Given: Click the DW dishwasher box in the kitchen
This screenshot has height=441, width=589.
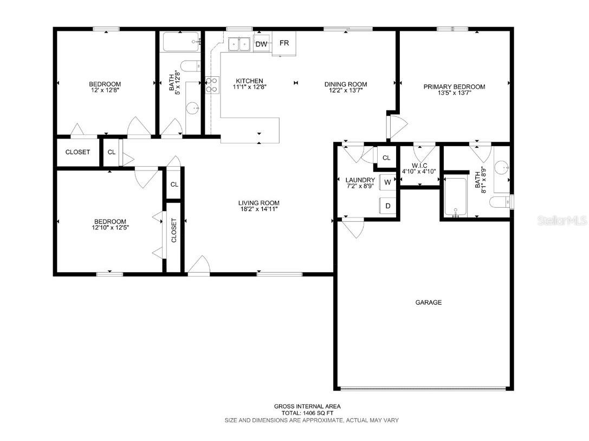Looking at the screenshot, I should (261, 44).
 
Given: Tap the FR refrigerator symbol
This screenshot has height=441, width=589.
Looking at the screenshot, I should (284, 43).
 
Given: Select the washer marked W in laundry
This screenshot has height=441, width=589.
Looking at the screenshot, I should (388, 182).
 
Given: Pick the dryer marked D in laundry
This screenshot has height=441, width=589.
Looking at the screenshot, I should (388, 205).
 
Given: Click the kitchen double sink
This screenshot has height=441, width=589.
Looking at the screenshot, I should (238, 44).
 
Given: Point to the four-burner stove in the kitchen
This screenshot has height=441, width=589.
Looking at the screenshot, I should (212, 85).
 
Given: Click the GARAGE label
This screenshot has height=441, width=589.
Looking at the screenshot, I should (428, 302).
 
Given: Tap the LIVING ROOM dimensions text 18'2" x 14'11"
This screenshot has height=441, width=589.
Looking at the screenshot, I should (259, 210).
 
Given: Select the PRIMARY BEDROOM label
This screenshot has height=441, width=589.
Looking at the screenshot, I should (454, 87).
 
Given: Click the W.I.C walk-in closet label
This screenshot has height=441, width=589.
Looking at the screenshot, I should (419, 165).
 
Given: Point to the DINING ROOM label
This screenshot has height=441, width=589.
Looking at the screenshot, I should (346, 84).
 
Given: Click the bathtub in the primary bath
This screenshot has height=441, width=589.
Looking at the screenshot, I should (456, 198).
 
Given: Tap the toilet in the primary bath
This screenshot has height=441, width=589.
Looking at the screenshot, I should (501, 202).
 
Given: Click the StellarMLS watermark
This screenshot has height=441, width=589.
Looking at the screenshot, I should (561, 221).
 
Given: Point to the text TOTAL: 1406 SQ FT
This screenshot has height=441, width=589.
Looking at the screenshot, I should (307, 413).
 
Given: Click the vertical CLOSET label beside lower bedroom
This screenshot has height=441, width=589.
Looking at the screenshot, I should (174, 230).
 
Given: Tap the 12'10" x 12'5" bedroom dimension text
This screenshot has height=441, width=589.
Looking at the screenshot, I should (110, 228).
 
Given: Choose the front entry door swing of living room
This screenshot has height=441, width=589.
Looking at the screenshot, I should (198, 265).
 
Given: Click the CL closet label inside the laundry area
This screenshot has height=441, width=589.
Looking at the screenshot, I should (386, 158).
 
